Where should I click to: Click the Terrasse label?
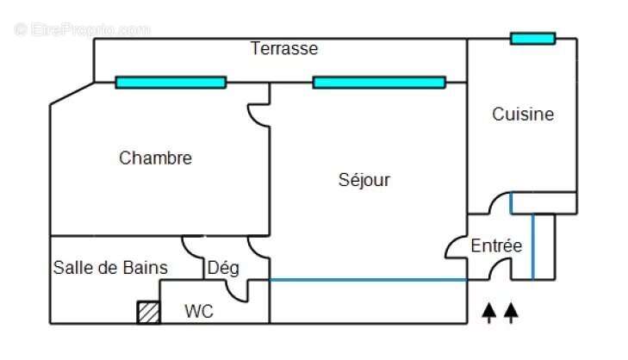pyautogui.click(x=284, y=49)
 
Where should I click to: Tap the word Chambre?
pyautogui.click(x=155, y=158)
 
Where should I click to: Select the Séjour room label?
pyautogui.click(x=364, y=180)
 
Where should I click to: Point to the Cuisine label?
pyautogui.click(x=523, y=114)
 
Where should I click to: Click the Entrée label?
pyautogui.click(x=496, y=246)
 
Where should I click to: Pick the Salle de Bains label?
pyautogui.click(x=110, y=268)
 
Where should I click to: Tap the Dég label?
pyautogui.click(x=223, y=268)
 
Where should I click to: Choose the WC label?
pyautogui.click(x=198, y=312)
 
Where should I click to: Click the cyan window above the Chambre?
pyautogui.click(x=171, y=83)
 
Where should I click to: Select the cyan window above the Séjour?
pyautogui.click(x=379, y=83)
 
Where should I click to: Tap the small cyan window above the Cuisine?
pyautogui.click(x=532, y=39)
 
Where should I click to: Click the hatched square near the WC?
pyautogui.click(x=149, y=312)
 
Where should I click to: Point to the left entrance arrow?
pyautogui.click(x=490, y=312)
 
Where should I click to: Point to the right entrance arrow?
pyautogui.click(x=511, y=312)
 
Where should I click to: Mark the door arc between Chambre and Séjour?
pyautogui.click(x=258, y=115)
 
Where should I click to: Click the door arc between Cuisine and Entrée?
pyautogui.click(x=499, y=203)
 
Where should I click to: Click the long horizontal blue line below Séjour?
pyautogui.click(x=369, y=279)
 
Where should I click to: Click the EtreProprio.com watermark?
pyautogui.click(x=82, y=29)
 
